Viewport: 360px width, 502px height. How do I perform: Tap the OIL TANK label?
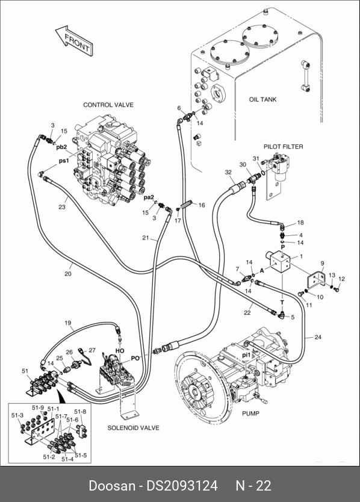pos(262,99)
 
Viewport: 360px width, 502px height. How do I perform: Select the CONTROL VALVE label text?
pos(108,105)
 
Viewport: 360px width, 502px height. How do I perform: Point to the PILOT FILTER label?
pos(283,147)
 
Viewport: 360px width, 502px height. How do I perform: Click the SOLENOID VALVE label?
pos(133,428)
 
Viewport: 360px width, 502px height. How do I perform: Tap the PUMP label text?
pos(250,414)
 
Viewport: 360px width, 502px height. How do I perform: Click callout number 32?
pos(228,172)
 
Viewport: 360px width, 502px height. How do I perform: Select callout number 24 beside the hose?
pos(318,337)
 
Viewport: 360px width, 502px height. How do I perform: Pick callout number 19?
pos(68,323)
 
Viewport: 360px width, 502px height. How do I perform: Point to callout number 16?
pos(202,205)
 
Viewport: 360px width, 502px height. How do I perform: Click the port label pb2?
pos(61,147)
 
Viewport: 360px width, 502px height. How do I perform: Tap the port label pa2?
pos(149,197)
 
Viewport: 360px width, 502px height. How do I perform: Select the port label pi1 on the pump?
pos(246,355)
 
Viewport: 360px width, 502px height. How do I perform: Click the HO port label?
pos(120,351)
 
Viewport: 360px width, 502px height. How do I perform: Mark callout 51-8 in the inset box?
pos(80,411)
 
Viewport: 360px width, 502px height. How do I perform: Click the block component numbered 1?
pos(279,262)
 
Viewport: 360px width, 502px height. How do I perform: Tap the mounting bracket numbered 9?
pos(316,279)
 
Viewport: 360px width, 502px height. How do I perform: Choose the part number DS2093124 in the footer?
pos(182,486)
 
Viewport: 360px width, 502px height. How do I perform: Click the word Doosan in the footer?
pos(112,486)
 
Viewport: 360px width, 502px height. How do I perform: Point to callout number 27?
pos(92,350)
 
